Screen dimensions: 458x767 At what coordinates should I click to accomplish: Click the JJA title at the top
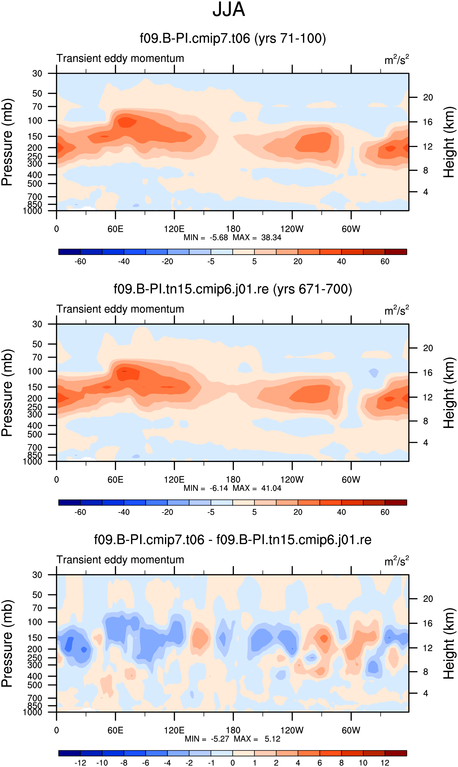[229, 9]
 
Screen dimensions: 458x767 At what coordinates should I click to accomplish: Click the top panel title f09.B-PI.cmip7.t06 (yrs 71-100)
[233, 38]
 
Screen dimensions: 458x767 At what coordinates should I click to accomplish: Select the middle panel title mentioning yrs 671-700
[233, 289]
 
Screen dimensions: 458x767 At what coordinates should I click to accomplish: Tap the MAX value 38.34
[271, 238]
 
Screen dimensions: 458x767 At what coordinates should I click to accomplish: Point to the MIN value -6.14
[219, 488]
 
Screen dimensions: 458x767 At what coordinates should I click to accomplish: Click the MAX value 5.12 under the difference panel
[273, 739]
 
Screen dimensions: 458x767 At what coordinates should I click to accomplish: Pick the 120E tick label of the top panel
[174, 229]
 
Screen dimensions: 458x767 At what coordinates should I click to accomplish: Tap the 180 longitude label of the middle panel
[233, 480]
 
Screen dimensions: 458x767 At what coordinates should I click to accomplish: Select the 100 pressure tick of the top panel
[35, 120]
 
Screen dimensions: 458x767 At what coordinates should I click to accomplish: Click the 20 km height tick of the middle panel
[428, 348]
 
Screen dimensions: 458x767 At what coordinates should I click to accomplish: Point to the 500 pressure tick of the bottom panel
[35, 686]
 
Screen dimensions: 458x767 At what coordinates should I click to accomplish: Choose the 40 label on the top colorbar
[341, 262]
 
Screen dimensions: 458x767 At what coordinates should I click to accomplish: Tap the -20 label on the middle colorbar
[167, 512]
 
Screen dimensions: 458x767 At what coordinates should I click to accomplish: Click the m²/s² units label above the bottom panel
[397, 561]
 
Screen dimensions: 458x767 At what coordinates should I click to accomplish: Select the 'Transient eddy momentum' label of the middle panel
[120, 309]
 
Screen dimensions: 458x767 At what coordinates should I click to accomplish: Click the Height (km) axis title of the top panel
[449, 142]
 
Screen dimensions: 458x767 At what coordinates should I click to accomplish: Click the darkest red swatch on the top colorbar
[396, 252]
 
